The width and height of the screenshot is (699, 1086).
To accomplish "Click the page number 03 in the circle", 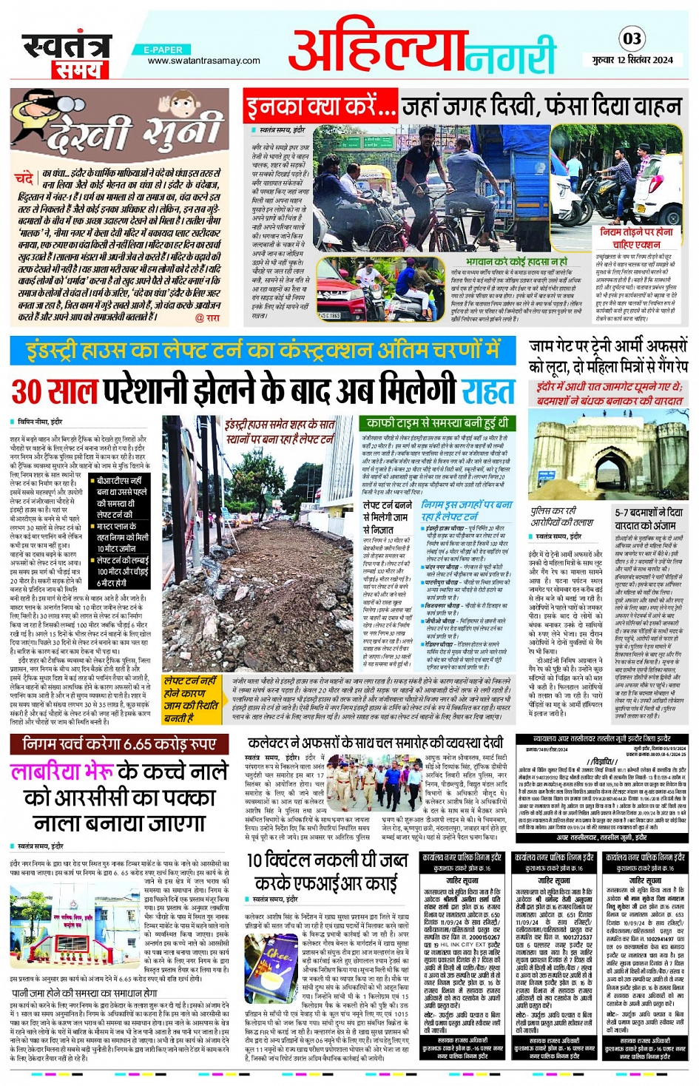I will pos(632,38).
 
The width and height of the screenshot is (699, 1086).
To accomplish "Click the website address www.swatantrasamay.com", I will pos(203,61).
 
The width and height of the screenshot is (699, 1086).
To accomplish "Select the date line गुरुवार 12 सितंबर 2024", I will pos(632,60).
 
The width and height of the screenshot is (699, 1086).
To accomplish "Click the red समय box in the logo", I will pos(76,70).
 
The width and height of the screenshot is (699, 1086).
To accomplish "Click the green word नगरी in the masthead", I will pos(510,55).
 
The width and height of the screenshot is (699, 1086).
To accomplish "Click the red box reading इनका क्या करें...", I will pos(321,108).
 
